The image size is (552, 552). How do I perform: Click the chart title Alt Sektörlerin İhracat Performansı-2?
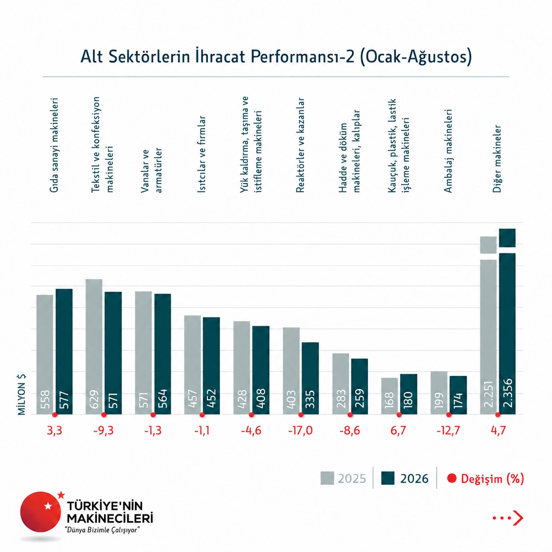[x=218, y=57]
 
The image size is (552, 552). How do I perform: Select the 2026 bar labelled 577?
[x=64, y=351]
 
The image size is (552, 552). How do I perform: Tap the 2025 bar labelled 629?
[x=94, y=346]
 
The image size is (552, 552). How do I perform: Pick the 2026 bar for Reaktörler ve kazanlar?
[x=310, y=378]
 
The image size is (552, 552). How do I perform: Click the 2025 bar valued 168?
[x=390, y=396]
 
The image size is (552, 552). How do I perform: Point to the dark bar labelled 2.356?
[x=507, y=321]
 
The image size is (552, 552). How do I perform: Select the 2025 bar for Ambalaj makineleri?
[x=439, y=393]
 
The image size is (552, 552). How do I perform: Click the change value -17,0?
[x=300, y=431]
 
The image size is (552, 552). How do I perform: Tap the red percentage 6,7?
[x=398, y=431]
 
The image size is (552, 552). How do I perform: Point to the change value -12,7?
[x=448, y=431]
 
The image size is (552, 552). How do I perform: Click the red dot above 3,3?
[x=55, y=415]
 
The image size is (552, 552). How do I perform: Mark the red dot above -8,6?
[x=350, y=415]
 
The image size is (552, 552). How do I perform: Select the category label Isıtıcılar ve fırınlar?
[x=202, y=154]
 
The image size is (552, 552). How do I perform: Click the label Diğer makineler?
[x=497, y=158]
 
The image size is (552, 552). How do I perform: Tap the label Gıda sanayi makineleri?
[x=54, y=145]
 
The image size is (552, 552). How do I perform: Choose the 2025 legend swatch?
[x=327, y=478]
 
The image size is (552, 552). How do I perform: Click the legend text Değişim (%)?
[x=493, y=478]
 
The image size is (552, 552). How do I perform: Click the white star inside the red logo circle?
[x=48, y=506]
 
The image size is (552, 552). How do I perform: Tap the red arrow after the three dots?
[x=518, y=518]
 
